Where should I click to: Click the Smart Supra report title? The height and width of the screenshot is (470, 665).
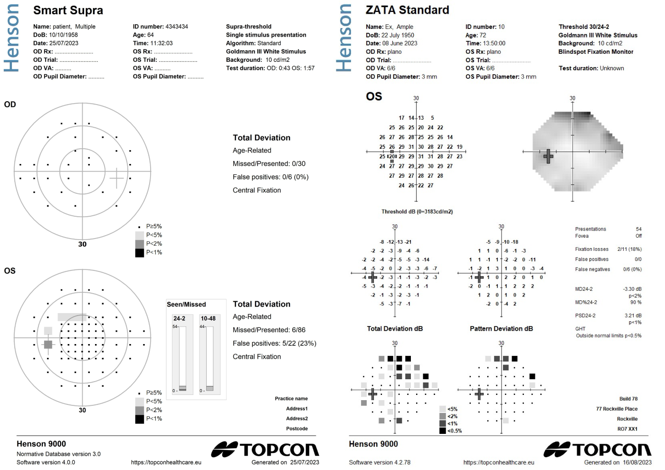68,10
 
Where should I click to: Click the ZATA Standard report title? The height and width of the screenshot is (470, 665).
407,10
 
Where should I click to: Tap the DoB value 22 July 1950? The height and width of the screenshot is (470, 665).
398,35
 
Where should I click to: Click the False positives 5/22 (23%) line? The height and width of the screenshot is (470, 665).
274,343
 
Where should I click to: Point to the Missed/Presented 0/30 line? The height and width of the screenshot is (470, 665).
269,163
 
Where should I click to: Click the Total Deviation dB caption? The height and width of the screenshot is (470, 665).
395,328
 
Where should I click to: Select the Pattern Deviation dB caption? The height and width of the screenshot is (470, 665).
501,328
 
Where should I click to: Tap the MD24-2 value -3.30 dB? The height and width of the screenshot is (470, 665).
632,289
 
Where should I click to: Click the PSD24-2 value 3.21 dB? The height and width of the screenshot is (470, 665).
633,316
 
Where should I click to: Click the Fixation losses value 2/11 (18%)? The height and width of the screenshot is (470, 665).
629,249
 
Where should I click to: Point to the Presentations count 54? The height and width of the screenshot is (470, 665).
638,229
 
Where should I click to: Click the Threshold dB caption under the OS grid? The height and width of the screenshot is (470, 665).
417,212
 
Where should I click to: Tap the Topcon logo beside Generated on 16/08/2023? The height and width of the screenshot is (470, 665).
597,450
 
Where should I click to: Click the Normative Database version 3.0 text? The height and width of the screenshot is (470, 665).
58,454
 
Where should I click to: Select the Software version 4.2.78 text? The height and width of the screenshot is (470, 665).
380,462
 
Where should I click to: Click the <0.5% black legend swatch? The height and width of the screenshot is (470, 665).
443,431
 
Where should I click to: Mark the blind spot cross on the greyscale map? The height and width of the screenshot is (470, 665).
548,156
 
